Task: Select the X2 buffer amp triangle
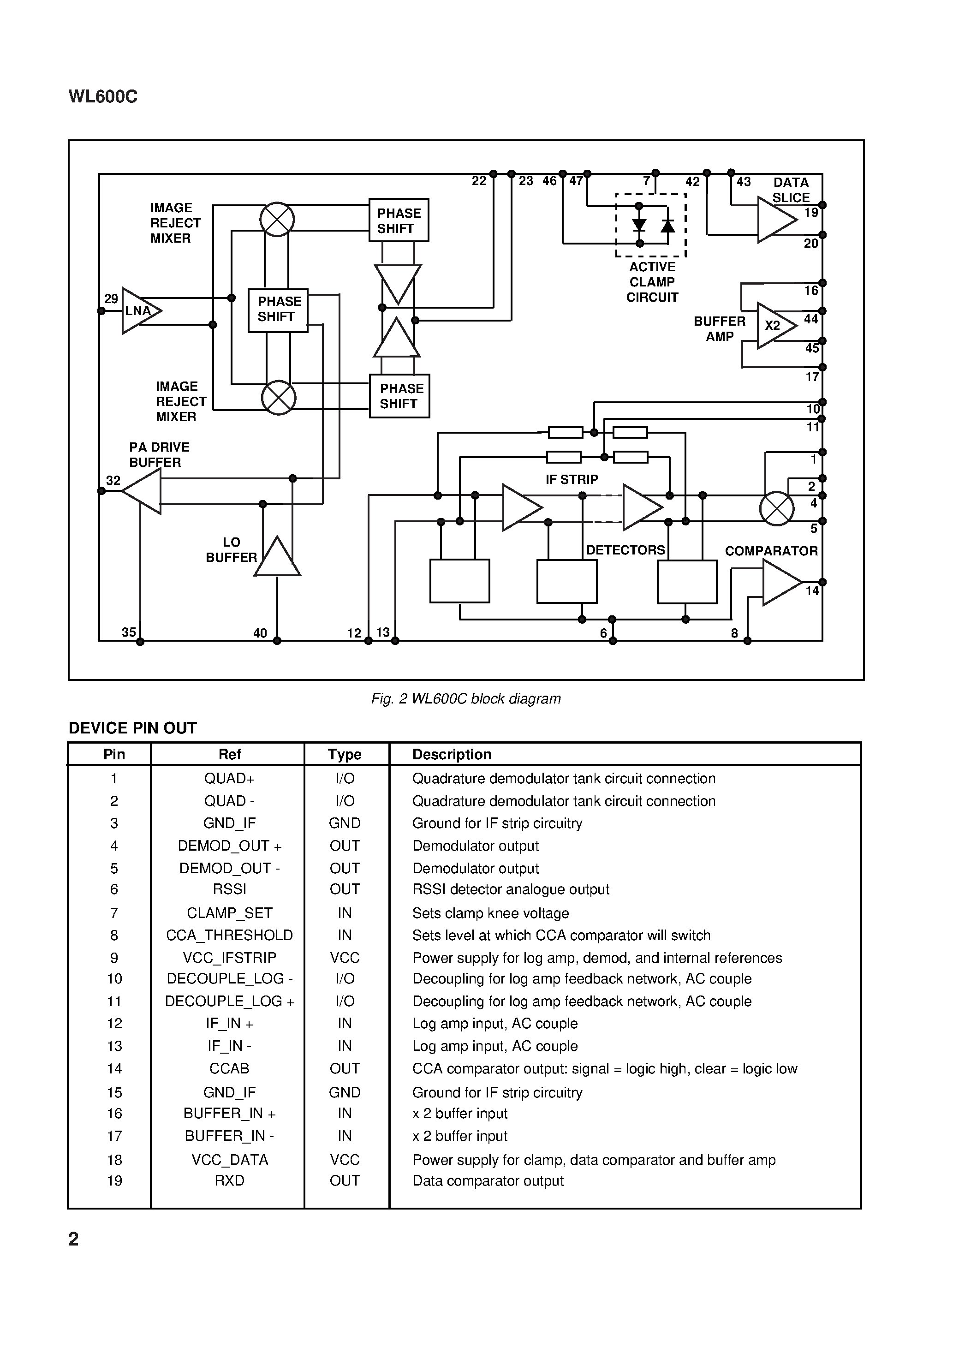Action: [x=774, y=326]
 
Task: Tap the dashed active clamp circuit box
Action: [x=651, y=225]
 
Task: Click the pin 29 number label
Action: [x=111, y=298]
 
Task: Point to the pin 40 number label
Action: [x=260, y=633]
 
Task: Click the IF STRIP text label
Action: [x=572, y=479]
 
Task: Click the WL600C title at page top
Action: [x=103, y=97]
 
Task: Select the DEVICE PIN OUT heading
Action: [x=133, y=728]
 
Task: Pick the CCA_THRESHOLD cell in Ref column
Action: [x=229, y=935]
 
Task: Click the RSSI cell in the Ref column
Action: [x=229, y=889]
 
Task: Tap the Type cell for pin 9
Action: [x=345, y=958]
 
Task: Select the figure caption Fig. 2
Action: [x=465, y=699]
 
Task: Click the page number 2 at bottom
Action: [x=73, y=1239]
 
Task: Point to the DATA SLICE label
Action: [x=791, y=190]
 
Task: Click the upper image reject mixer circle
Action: [x=277, y=220]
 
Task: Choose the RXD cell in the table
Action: [x=229, y=1180]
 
